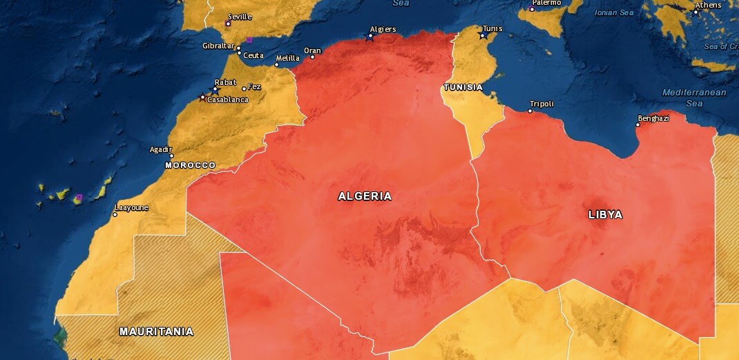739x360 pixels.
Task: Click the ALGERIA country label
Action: click(365, 196)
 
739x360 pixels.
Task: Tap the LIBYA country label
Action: click(605, 215)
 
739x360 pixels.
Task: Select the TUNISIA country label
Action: click(463, 87)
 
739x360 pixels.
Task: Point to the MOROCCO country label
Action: click(191, 165)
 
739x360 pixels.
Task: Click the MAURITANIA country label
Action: click(156, 331)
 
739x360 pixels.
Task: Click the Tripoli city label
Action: click(541, 104)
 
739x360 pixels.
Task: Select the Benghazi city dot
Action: click(637, 125)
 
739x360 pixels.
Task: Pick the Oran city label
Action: click(313, 50)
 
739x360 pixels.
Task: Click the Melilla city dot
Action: click(278, 66)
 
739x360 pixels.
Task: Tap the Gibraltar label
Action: click(218, 46)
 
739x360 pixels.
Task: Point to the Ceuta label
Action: click(253, 55)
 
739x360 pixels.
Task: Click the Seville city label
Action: click(240, 17)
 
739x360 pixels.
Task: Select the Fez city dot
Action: click(244, 88)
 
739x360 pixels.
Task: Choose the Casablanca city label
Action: click(228, 100)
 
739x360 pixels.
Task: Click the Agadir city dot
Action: click(171, 156)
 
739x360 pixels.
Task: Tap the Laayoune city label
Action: click(131, 207)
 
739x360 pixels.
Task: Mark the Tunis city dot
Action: click(483, 36)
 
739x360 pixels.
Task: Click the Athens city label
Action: click(708, 6)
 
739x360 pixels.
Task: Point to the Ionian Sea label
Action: click(614, 12)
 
